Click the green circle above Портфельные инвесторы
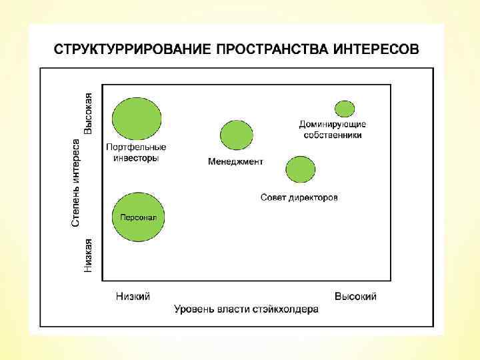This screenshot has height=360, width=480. click(x=137, y=118)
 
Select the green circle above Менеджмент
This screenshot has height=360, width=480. click(x=237, y=135)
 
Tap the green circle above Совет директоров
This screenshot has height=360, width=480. click(x=300, y=169)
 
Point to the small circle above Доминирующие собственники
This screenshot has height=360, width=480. click(x=345, y=108)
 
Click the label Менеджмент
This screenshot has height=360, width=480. click(x=235, y=161)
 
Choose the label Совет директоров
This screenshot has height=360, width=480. click(x=299, y=197)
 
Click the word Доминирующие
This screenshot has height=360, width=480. click(x=333, y=124)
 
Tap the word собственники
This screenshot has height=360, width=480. click(x=333, y=135)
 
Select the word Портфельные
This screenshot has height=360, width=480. click(x=136, y=147)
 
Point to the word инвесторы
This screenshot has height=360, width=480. click(x=136, y=158)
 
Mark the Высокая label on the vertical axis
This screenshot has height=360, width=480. click(x=88, y=113)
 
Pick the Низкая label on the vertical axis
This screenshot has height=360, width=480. click(x=88, y=256)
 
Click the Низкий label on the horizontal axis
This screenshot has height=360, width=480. click(x=133, y=296)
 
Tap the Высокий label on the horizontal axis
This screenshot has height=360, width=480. click(x=355, y=296)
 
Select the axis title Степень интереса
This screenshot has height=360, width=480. click(x=77, y=181)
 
